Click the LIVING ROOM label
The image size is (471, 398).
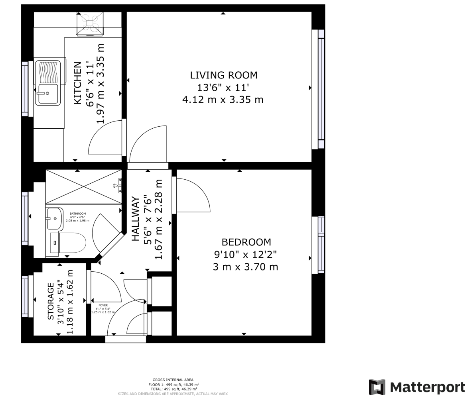point(223,75)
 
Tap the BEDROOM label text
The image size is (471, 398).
point(246,242)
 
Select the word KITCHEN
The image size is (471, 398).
point(78,83)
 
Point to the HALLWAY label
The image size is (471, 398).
point(136,218)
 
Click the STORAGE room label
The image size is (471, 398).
point(51,301)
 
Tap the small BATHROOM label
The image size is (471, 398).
point(78,214)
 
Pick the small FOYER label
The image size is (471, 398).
point(103,306)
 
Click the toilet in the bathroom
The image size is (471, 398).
point(72,243)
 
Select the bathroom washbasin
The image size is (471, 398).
point(54,219)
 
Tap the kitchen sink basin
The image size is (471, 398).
point(48,94)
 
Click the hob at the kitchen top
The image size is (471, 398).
point(90,23)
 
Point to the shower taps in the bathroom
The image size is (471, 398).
point(118,186)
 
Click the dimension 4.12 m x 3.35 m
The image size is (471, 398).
point(223,100)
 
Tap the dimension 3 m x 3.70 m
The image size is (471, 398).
point(245,267)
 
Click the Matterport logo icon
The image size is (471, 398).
point(377,387)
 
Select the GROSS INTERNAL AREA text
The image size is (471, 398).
point(173,380)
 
